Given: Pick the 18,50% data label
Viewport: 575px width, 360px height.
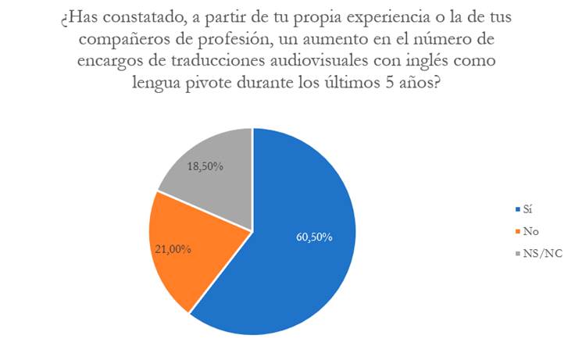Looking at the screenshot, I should [206, 166].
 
